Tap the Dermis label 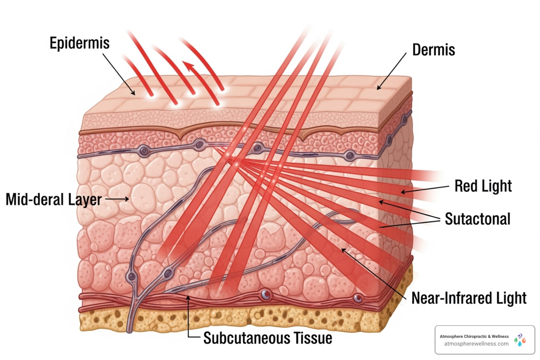(433, 50)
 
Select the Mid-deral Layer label (53, 200)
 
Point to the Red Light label (483, 186)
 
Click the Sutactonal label (477, 219)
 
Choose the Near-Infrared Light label (469, 298)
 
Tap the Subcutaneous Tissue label (268, 338)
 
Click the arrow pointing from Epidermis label (118, 74)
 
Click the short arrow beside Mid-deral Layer (117, 199)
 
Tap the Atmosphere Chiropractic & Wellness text (474, 336)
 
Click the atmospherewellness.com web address (476, 344)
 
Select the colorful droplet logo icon (520, 340)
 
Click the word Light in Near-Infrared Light (511, 298)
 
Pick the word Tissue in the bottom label (313, 338)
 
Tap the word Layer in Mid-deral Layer (85, 200)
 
